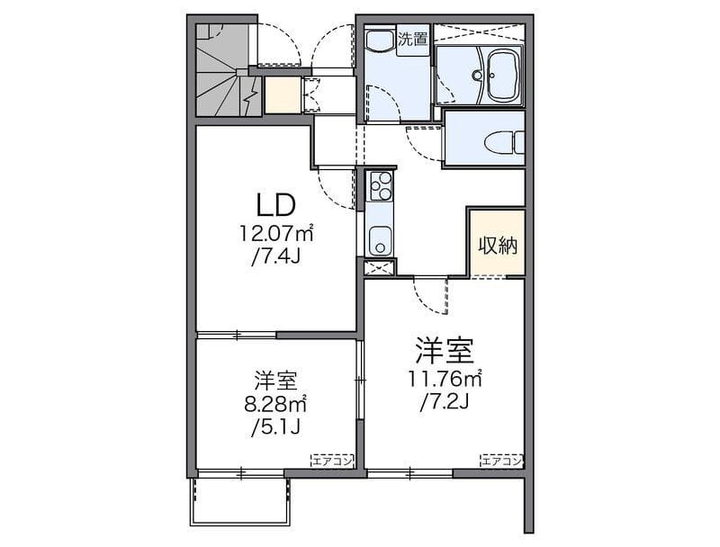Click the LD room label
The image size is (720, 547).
point(275,205)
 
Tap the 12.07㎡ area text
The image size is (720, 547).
point(276,234)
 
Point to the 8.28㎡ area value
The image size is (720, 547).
point(275,404)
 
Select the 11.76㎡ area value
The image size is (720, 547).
point(445,379)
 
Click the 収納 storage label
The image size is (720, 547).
point(498,246)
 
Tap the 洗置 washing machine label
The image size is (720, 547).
point(413,39)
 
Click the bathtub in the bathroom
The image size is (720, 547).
point(503,76)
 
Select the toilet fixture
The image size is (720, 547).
point(505,141)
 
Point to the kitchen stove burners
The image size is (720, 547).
point(380,186)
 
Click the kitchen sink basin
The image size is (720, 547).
point(380,240)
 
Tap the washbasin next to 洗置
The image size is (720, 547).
point(380,40)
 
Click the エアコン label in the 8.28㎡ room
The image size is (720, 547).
point(332,461)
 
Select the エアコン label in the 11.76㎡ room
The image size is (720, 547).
point(502,461)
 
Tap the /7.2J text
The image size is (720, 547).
point(445,402)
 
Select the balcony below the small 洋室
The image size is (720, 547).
point(239,502)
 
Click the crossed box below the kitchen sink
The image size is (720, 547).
point(380,267)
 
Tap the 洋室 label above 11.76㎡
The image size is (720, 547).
point(445,351)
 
